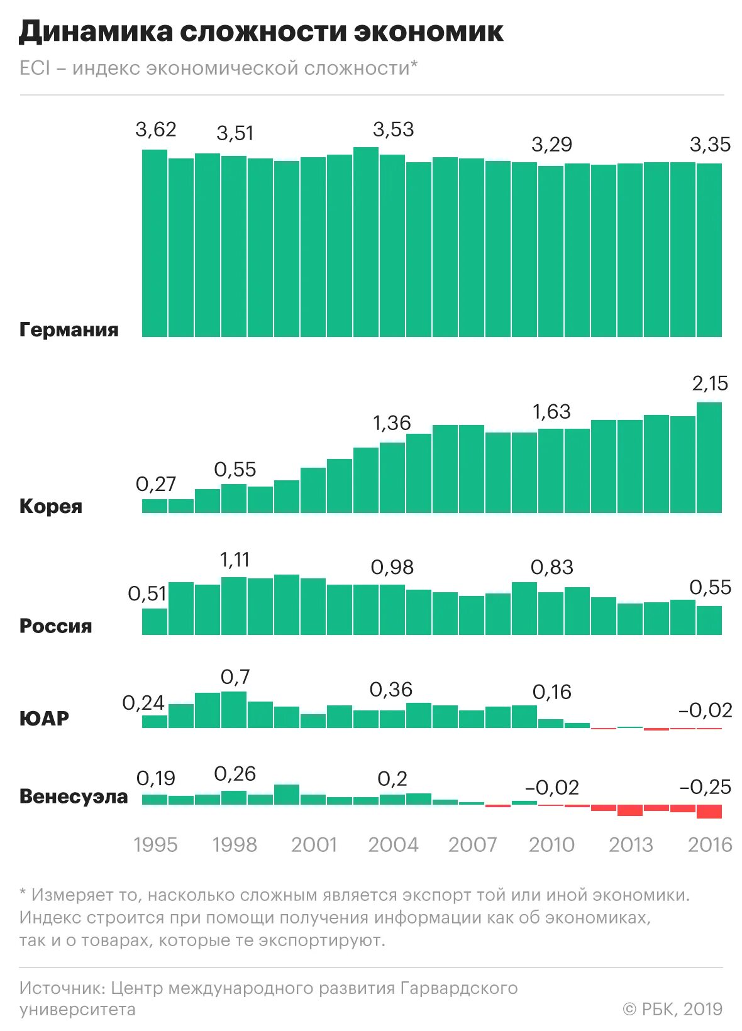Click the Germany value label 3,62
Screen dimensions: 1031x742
[156, 130]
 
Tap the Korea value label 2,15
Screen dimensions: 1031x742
[710, 383]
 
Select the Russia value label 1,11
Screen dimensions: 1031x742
[235, 560]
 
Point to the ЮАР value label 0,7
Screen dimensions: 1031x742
[235, 677]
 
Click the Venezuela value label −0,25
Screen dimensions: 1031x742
[706, 787]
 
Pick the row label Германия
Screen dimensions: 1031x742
[69, 329]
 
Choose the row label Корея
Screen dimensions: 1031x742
[51, 506]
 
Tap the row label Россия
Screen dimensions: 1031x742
[56, 626]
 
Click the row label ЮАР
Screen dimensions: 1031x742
[44, 718]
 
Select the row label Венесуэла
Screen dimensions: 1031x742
[74, 797]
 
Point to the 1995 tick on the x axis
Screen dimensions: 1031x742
[155, 844]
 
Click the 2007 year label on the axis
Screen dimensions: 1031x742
[472, 844]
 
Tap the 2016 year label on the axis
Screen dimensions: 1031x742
[710, 844]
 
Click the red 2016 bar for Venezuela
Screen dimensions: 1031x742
[709, 811]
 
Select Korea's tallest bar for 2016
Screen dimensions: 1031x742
[709, 458]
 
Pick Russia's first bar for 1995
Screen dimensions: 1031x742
[155, 621]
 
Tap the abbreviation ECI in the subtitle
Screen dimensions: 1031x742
[35, 68]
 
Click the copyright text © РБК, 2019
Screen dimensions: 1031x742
[672, 1009]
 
